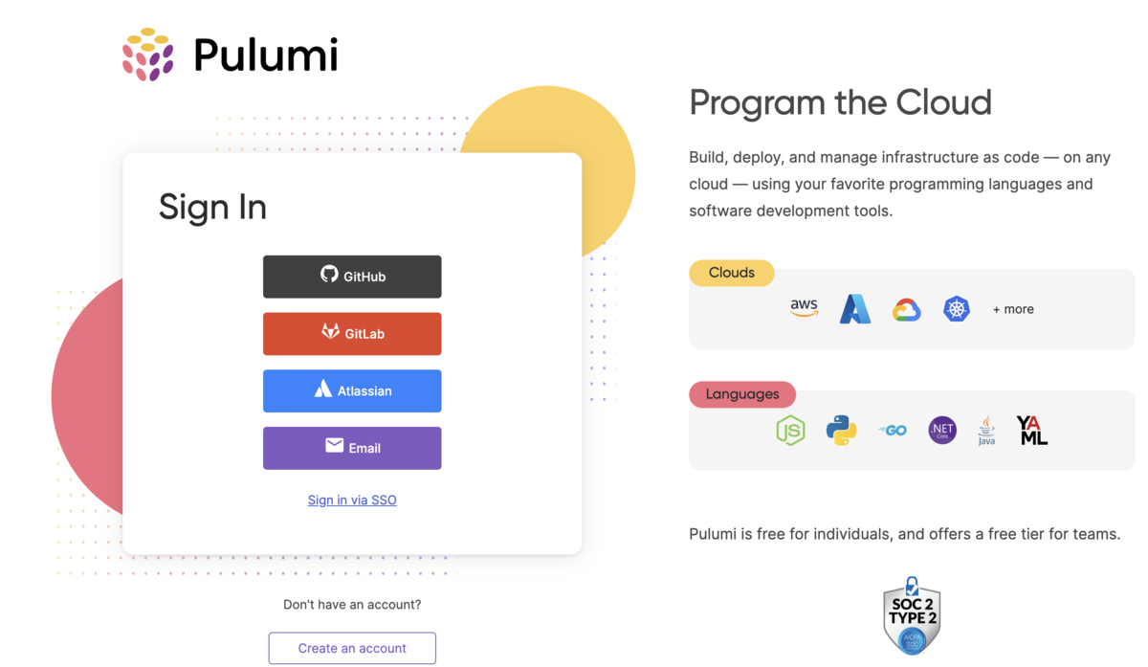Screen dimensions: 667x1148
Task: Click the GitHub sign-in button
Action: click(352, 277)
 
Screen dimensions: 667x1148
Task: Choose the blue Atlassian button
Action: click(352, 390)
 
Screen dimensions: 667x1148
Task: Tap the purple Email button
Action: click(352, 448)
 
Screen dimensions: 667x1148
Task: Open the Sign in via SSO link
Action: click(352, 500)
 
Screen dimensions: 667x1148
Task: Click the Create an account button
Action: click(352, 648)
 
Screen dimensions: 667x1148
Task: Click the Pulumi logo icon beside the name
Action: click(148, 55)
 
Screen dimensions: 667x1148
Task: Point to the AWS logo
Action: click(804, 308)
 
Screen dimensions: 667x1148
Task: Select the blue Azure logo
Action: click(854, 309)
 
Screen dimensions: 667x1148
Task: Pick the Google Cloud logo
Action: click(906, 309)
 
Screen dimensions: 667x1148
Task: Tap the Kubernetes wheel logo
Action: click(957, 309)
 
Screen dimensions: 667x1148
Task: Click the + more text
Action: click(1013, 309)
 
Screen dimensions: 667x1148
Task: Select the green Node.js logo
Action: click(790, 431)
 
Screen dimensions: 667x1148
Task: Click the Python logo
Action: click(841, 431)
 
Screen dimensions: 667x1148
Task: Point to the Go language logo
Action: click(893, 431)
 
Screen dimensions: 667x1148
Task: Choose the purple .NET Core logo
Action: click(942, 431)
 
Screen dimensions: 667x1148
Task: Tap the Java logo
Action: click(986, 431)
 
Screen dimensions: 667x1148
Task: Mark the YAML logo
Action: click(1032, 431)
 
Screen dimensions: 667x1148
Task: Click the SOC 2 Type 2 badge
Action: click(912, 615)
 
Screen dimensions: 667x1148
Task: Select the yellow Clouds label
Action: click(732, 273)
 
